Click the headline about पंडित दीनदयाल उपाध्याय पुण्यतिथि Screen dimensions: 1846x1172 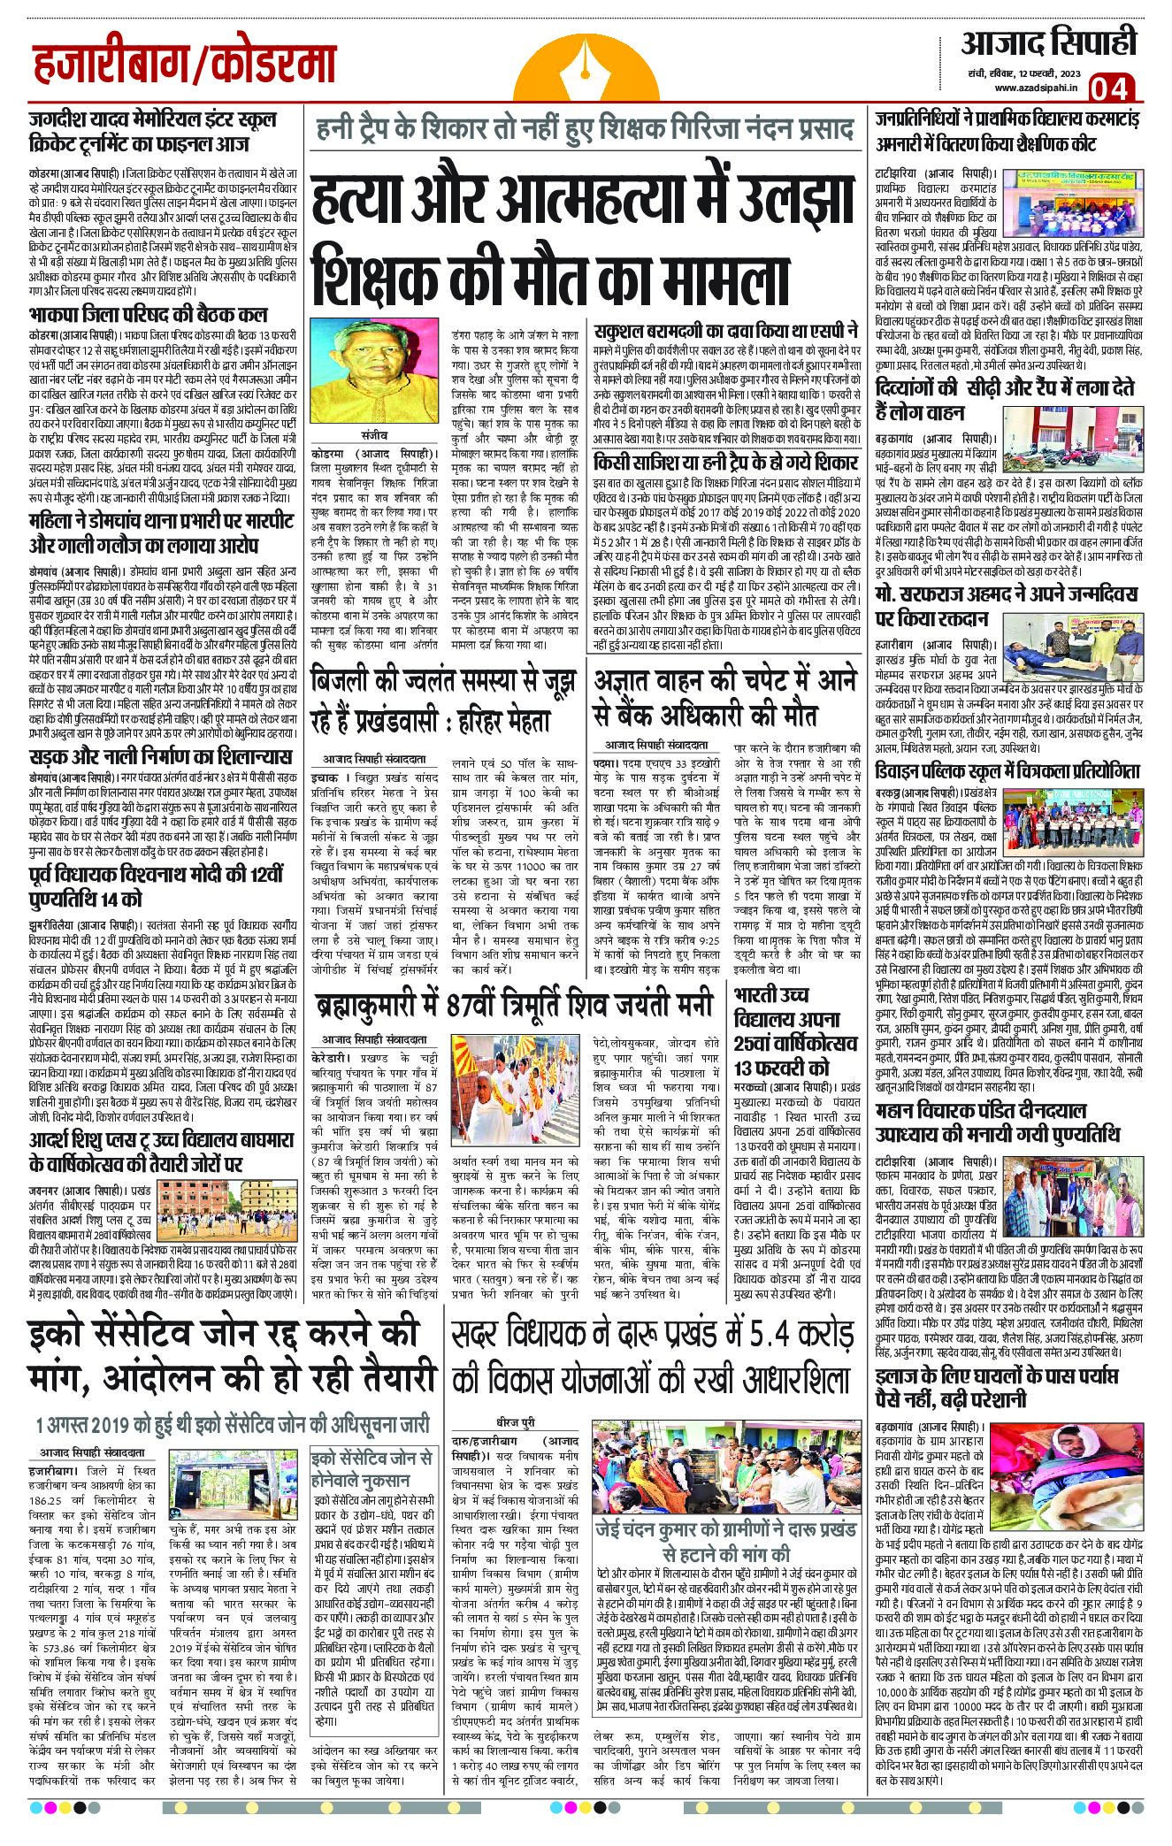(x=997, y=1122)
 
